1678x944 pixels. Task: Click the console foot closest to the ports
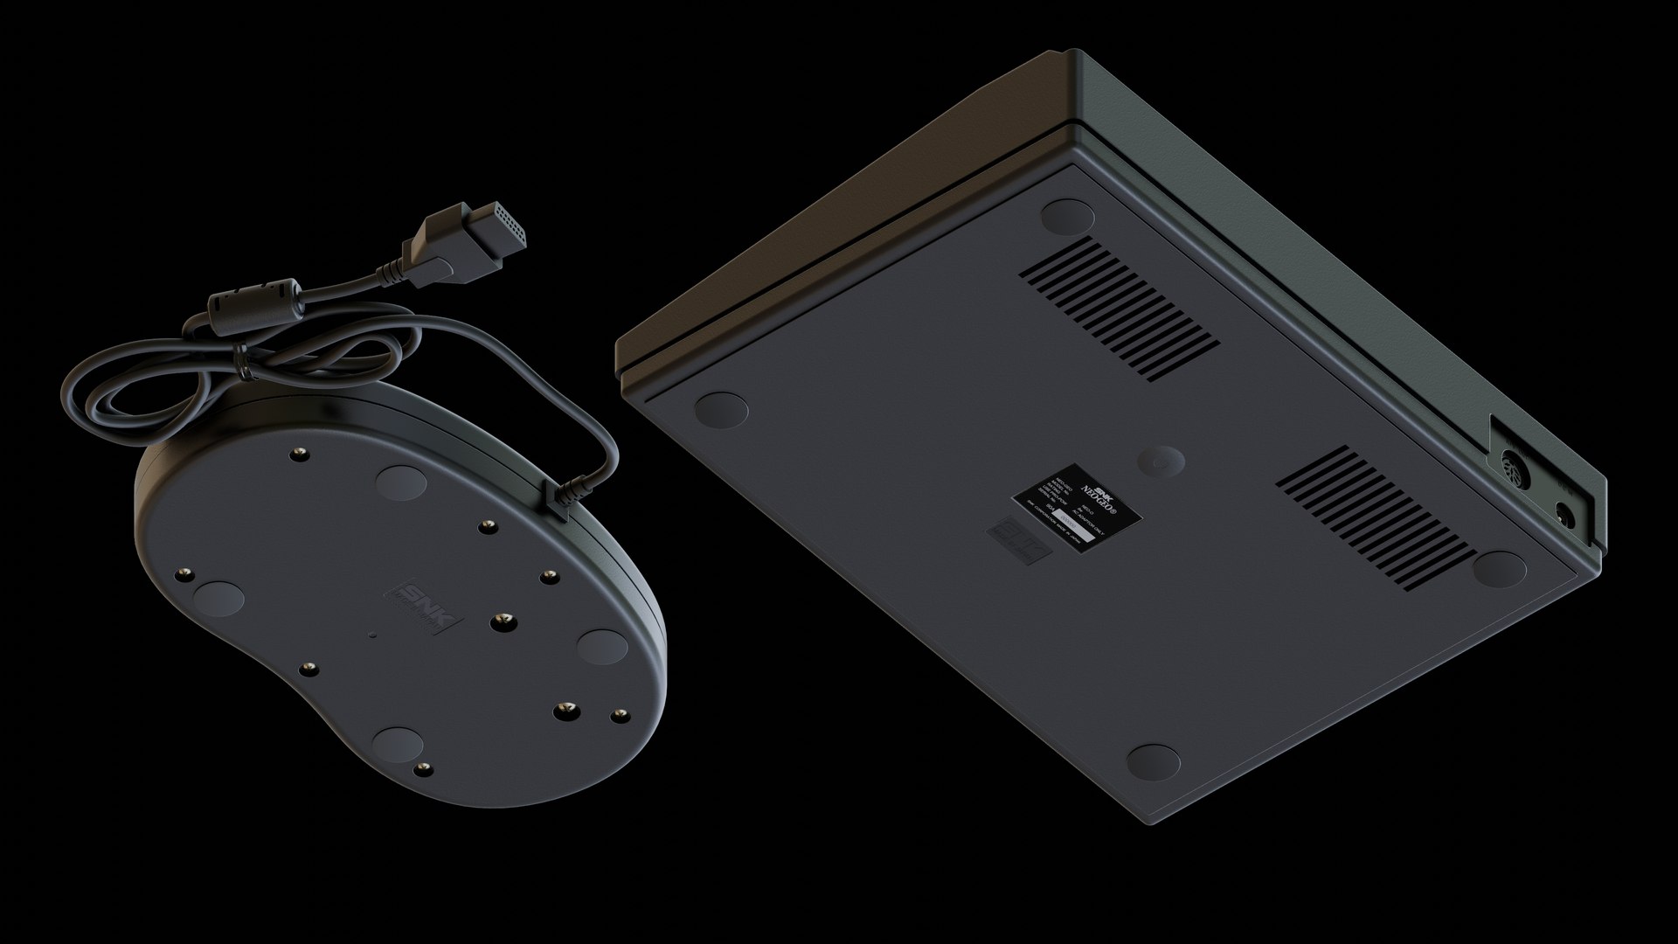[x=1498, y=569]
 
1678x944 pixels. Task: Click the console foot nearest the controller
[x=722, y=408]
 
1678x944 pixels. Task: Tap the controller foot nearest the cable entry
[x=402, y=482]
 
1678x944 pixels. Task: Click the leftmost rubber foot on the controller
[x=218, y=599]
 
